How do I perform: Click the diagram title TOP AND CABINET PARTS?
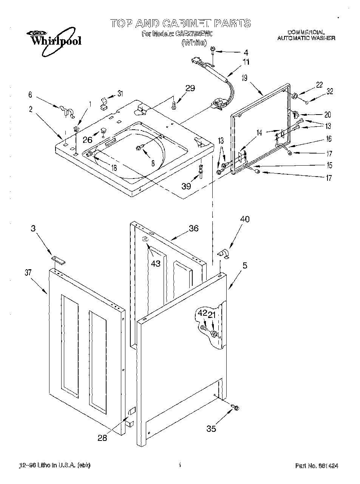(180, 23)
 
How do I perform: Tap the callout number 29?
(190, 88)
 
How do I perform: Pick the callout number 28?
(102, 438)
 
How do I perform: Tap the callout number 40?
(244, 219)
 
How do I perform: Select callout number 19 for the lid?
(244, 78)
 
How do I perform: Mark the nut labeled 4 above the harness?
(213, 49)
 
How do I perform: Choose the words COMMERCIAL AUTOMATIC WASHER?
(306, 35)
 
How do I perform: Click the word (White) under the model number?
(194, 43)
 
